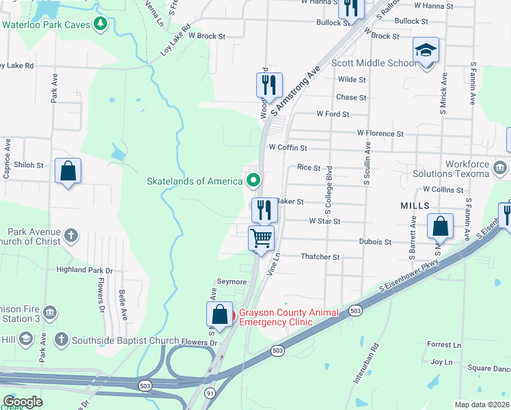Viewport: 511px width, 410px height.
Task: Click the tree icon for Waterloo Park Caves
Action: pyautogui.click(x=101, y=25)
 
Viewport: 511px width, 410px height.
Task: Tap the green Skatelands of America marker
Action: pyautogui.click(x=253, y=181)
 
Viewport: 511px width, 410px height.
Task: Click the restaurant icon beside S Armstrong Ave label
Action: pyautogui.click(x=269, y=85)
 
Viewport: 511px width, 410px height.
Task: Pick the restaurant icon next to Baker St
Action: pyautogui.click(x=264, y=209)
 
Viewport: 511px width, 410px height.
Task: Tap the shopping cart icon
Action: pyautogui.click(x=261, y=238)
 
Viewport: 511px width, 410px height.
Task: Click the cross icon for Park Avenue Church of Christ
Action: pyautogui.click(x=71, y=236)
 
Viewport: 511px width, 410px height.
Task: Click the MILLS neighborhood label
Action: pyautogui.click(x=415, y=205)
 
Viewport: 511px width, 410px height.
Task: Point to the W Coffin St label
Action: pyautogui.click(x=288, y=147)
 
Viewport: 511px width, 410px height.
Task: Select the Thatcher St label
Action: pyautogui.click(x=320, y=257)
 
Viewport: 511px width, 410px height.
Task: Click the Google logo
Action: pyautogui.click(x=23, y=402)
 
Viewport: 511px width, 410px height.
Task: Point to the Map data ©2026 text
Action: pyautogui.click(x=482, y=405)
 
